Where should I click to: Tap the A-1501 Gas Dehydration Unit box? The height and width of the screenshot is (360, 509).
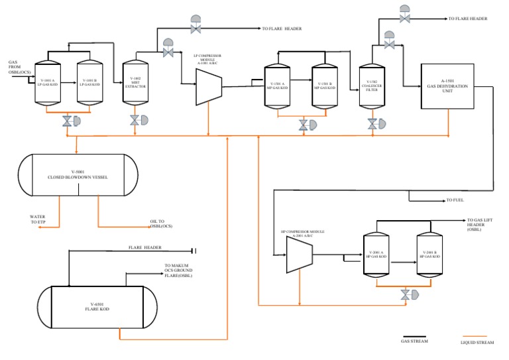pyautogui.click(x=447, y=87)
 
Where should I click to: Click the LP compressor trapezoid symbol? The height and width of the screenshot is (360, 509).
pyautogui.click(x=208, y=87)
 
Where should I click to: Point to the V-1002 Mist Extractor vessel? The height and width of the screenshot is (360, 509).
pyautogui.click(x=135, y=84)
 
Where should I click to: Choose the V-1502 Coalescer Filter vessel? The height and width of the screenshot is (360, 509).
pyautogui.click(x=370, y=86)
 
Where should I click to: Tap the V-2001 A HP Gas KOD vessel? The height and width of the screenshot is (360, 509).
pyautogui.click(x=376, y=255)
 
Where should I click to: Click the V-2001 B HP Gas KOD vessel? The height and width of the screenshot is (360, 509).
pyautogui.click(x=429, y=255)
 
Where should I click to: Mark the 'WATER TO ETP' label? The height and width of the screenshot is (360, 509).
pyautogui.click(x=38, y=219)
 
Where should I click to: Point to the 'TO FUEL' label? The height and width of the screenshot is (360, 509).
pyautogui.click(x=457, y=200)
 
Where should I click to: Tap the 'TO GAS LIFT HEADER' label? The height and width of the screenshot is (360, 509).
pyautogui.click(x=482, y=225)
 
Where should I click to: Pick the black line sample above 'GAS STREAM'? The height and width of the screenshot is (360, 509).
pyautogui.click(x=414, y=336)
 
